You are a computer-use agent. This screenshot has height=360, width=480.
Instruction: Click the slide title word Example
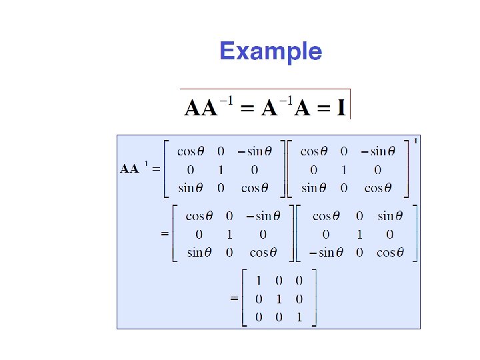tap(271, 51)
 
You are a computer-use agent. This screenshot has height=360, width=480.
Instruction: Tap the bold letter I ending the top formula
tap(341, 107)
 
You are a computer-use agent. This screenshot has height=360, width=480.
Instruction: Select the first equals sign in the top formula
tap(247, 108)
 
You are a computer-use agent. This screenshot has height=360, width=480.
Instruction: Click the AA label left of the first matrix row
tap(129, 169)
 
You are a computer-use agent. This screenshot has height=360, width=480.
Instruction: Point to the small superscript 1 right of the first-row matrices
tap(417, 141)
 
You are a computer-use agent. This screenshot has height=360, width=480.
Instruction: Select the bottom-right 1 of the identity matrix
tap(299, 317)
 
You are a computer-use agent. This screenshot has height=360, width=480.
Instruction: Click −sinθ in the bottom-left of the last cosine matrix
tap(323, 253)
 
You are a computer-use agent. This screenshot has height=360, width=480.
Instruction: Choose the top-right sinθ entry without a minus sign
tap(389, 216)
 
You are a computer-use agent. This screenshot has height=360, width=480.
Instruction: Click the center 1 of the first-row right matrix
tap(343, 169)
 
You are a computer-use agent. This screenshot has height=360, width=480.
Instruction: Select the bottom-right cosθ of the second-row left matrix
tap(263, 253)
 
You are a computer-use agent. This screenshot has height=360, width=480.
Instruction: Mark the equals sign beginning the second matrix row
tap(164, 235)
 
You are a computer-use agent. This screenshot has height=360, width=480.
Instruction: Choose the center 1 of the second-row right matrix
tap(359, 235)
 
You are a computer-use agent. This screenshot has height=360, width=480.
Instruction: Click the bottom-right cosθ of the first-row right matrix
tap(378, 188)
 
